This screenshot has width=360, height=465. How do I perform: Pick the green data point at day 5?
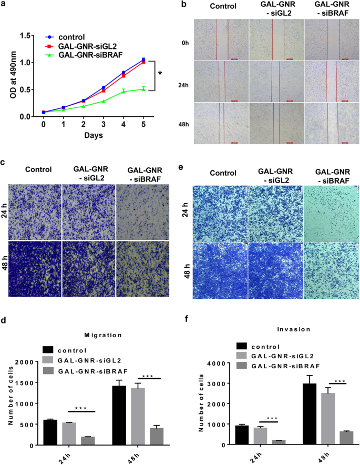(x=143, y=89)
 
